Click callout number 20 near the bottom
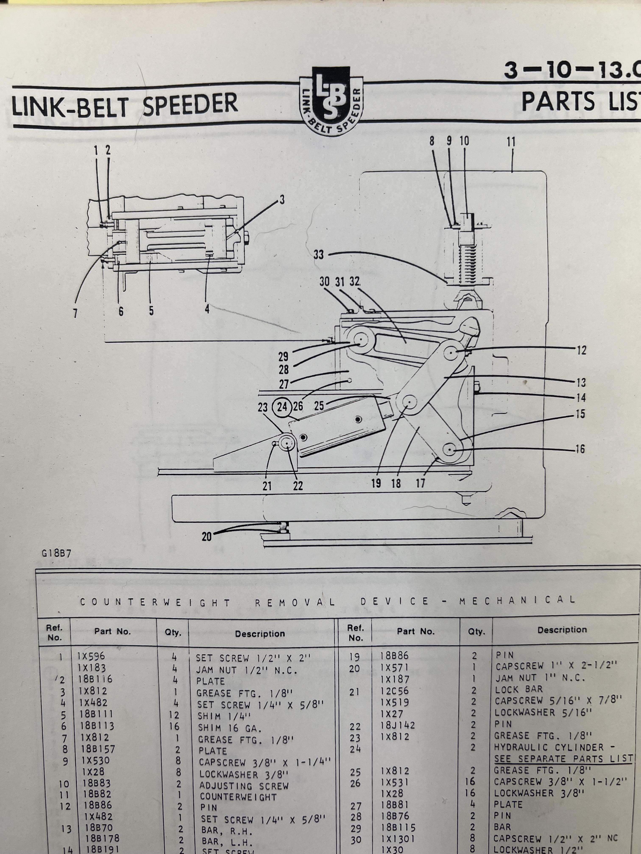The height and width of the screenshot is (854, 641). tap(207, 536)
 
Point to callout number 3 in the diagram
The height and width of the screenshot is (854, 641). tap(282, 200)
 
